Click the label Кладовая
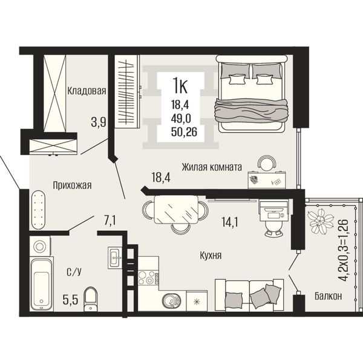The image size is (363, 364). [87, 91]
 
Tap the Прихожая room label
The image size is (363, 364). [72, 185]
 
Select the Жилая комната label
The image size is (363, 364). [212, 167]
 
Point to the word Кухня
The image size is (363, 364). [211, 256]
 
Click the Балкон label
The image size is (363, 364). [328, 296]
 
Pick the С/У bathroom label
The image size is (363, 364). [74, 272]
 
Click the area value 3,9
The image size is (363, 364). [99, 122]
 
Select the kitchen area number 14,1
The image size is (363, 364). [230, 222]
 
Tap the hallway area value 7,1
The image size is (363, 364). [110, 220]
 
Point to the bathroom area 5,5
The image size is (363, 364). [70, 300]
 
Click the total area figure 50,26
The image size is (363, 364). [184, 132]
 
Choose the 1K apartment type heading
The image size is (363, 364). [180, 85]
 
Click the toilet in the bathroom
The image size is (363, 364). [91, 299]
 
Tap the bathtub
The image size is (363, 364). [41, 284]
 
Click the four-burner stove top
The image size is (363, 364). [149, 277]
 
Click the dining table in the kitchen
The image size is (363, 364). [176, 210]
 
